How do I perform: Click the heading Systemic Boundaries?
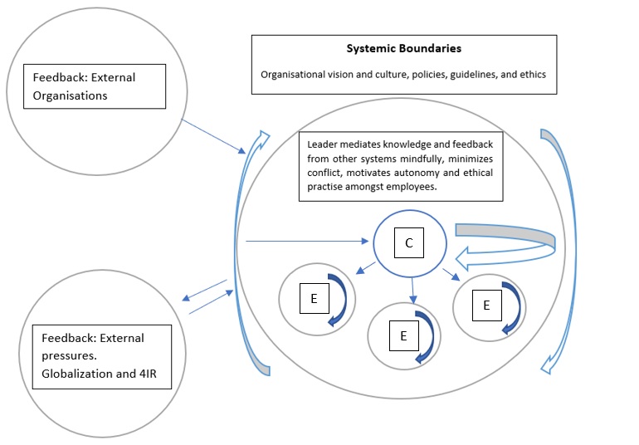[x=403, y=49]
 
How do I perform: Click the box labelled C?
[x=408, y=243]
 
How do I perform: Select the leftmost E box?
[x=314, y=298]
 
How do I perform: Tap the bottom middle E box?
[x=403, y=335]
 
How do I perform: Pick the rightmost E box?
[x=486, y=305]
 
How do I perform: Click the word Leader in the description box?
[x=324, y=143]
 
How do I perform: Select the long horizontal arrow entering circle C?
[x=307, y=242]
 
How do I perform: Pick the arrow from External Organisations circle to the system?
[x=212, y=136]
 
